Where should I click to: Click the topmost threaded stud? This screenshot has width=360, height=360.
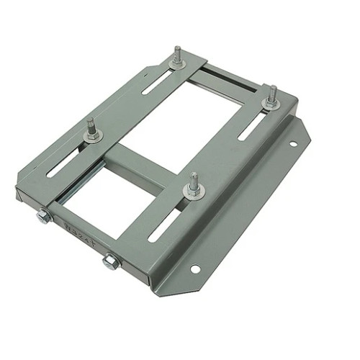(176, 55)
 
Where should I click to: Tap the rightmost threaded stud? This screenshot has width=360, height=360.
(273, 94)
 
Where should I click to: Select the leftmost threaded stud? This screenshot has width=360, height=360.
(92, 127)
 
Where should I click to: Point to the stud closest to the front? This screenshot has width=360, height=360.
(193, 181)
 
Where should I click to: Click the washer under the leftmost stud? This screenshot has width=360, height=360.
(93, 135)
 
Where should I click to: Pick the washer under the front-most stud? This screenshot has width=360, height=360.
(193, 192)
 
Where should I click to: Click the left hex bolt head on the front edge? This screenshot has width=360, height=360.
(43, 215)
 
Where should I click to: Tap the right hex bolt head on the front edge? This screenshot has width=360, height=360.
(110, 263)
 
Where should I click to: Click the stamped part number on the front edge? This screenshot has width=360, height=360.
(76, 232)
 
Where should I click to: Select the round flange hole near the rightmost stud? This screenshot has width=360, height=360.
(292, 144)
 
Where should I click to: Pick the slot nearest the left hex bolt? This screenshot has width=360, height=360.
(52, 177)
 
